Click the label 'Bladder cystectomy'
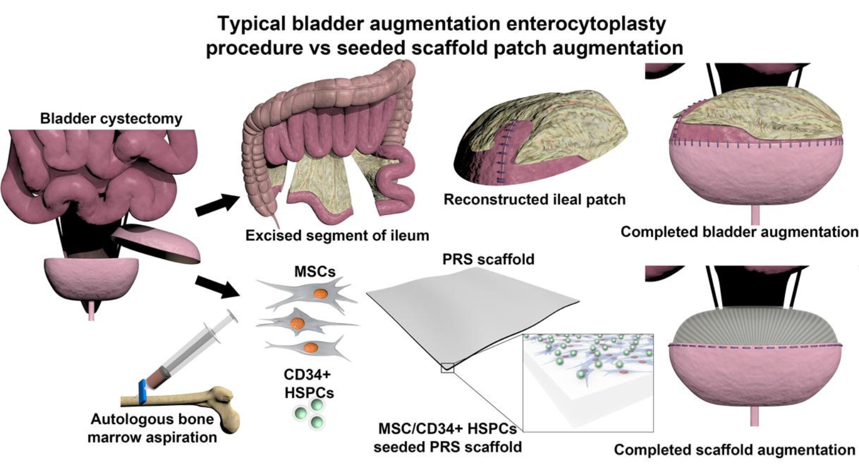[111, 118]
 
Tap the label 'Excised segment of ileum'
[337, 236]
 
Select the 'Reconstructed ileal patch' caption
[534, 199]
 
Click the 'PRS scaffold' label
[488, 259]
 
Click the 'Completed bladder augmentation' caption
[739, 232]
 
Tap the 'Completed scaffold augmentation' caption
[734, 450]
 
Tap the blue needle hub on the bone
[144, 391]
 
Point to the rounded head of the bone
[224, 406]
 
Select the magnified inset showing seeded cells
[588, 382]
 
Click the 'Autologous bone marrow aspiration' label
[153, 429]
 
